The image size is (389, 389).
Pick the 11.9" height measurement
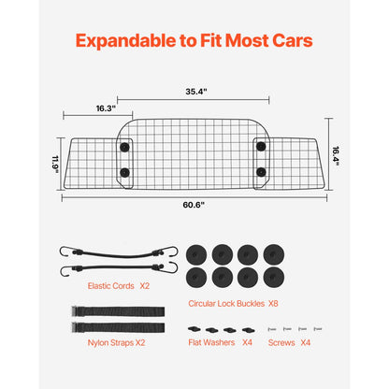[x=55, y=163]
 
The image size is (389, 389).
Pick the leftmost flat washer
[x=193, y=329]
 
